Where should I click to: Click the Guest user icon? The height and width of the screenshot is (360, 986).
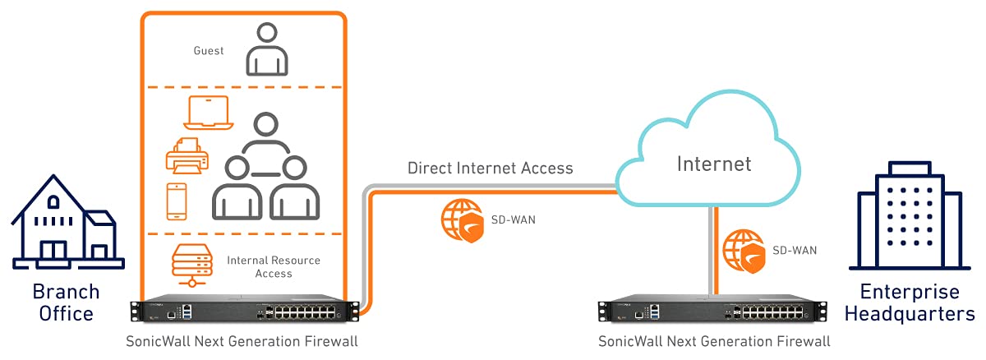coord(267,49)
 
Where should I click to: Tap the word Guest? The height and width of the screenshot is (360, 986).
coord(208,51)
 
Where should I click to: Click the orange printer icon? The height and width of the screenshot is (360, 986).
coord(187,157)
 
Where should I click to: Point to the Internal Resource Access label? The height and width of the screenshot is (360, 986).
coord(274,266)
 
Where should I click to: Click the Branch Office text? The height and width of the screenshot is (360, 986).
coord(66,302)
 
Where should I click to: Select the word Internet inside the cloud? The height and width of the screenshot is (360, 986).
coord(713,164)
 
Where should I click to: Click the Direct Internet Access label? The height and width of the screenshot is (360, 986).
coord(491,168)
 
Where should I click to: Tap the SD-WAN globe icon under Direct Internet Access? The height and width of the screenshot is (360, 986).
coord(463,220)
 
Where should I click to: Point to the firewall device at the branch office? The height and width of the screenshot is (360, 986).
coord(245,312)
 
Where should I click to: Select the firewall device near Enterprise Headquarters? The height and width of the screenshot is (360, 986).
coord(712,312)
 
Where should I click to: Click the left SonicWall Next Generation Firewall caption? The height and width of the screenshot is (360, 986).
coord(242,341)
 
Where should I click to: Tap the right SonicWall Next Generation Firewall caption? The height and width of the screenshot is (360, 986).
coord(714,341)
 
